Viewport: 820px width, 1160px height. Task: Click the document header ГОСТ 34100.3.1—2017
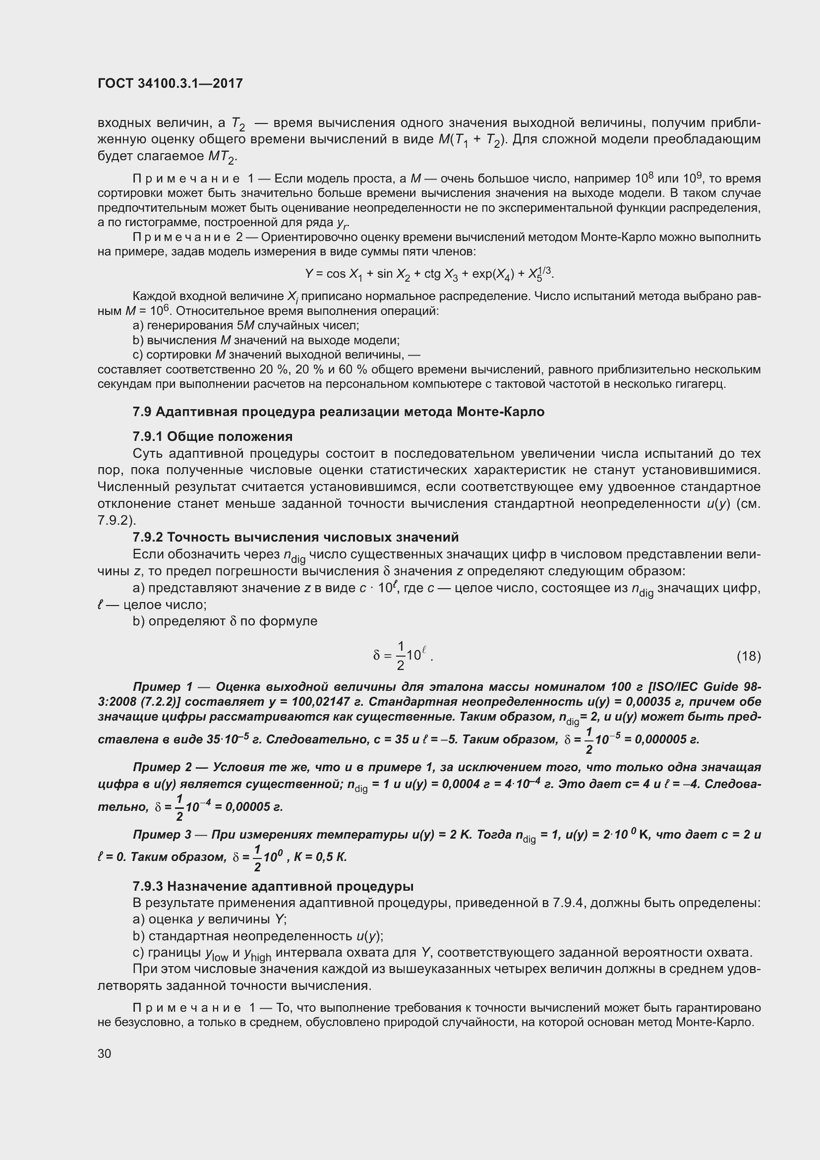[x=170, y=83]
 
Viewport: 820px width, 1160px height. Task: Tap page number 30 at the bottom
[x=104, y=1053]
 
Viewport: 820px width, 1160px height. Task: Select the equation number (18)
[x=748, y=656]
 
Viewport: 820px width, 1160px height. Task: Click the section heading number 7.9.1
[x=147, y=436]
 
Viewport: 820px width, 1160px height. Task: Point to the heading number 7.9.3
[x=147, y=886]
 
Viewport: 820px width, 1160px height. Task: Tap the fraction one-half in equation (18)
[x=401, y=656]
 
